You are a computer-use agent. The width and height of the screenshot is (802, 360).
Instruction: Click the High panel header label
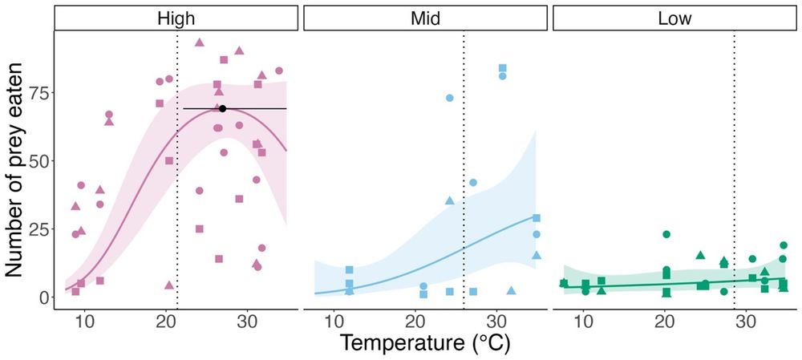[x=175, y=17]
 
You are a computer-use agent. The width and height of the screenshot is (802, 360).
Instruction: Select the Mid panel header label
[x=425, y=17]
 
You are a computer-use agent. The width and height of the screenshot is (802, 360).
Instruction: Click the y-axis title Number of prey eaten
[x=17, y=172]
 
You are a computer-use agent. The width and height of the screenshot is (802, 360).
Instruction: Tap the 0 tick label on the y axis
[x=42, y=297]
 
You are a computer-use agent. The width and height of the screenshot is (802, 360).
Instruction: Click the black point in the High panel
[x=223, y=108]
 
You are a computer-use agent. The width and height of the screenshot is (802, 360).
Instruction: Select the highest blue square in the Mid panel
[x=503, y=68]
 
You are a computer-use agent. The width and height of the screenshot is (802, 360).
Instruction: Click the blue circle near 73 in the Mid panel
[x=450, y=98]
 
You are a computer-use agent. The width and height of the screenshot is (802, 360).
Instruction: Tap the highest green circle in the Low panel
[x=666, y=234]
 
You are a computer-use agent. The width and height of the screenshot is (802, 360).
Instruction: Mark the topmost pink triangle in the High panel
[x=200, y=42]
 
